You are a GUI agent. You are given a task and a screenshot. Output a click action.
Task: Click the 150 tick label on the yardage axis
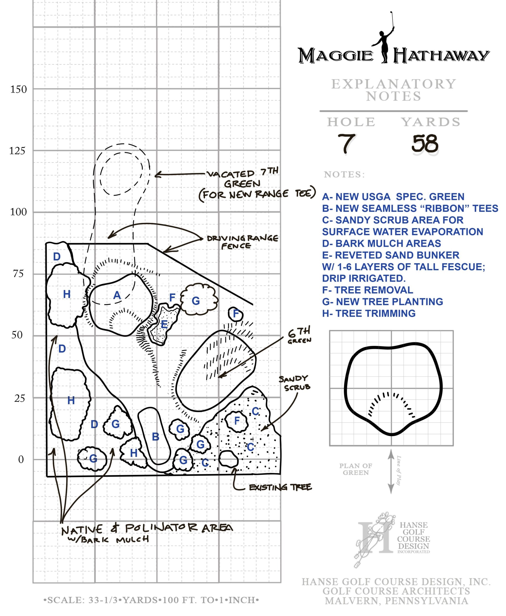click(x=18, y=89)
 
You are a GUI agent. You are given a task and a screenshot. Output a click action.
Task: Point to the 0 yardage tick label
click(x=21, y=459)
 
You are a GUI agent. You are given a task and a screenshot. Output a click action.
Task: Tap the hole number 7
click(x=346, y=143)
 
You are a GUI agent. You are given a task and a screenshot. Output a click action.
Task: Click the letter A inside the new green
click(x=117, y=295)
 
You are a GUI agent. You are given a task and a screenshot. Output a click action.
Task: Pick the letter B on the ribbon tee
click(x=156, y=437)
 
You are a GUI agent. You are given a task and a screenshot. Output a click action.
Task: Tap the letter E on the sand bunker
click(x=164, y=324)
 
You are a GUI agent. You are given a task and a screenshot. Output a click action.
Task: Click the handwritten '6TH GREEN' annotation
click(x=299, y=335)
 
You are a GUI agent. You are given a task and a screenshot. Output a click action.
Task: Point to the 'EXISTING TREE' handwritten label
click(x=280, y=487)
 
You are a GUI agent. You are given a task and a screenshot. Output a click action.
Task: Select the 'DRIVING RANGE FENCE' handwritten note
click(x=243, y=242)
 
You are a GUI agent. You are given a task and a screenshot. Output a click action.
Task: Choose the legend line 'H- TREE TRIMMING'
click(x=368, y=313)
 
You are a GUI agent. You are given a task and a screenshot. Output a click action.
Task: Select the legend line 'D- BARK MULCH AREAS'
click(x=381, y=244)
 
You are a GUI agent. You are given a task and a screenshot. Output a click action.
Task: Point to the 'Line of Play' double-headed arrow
click(x=391, y=471)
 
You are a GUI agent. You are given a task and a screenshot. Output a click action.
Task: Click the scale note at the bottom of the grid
click(x=151, y=600)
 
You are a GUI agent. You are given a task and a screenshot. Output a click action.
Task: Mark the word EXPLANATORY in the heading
click(x=393, y=84)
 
